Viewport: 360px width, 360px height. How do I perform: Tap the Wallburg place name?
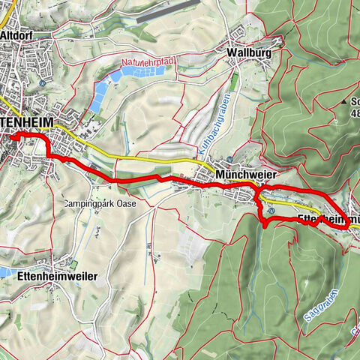click(x=247, y=53)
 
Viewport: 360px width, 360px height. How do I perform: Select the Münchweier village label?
click(x=242, y=173)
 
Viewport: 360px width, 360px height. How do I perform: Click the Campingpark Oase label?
click(x=103, y=203)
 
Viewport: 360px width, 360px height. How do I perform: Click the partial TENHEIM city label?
click(x=30, y=118)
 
